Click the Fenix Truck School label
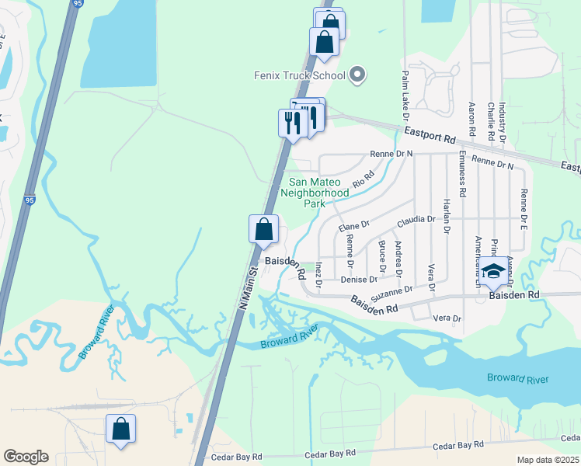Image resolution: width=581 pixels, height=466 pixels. pyautogui.click(x=299, y=75)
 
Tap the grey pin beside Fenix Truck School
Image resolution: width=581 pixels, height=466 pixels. pyautogui.click(x=357, y=75)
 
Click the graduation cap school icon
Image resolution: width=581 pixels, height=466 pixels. pyautogui.click(x=492, y=271)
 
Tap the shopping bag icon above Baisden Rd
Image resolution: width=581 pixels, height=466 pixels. pyautogui.click(x=264, y=229)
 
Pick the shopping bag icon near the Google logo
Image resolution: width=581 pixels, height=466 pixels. pyautogui.click(x=121, y=428)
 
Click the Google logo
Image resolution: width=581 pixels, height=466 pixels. pyautogui.click(x=26, y=457)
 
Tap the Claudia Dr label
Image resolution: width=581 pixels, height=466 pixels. pyautogui.click(x=416, y=220)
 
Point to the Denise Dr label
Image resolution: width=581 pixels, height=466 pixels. pyautogui.click(x=360, y=279)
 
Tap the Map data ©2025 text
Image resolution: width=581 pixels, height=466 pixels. pyautogui.click(x=548, y=460)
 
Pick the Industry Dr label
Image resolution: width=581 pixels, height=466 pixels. pyautogui.click(x=503, y=120)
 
